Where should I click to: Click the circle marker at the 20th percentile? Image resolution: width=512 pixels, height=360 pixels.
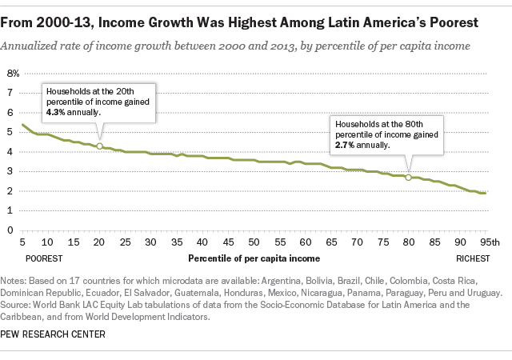[99, 146]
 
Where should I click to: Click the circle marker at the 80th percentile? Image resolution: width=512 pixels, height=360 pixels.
[408, 177]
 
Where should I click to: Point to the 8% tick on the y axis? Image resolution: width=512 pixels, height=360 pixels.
[14, 73]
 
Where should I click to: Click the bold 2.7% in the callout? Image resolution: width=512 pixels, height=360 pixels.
[345, 146]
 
